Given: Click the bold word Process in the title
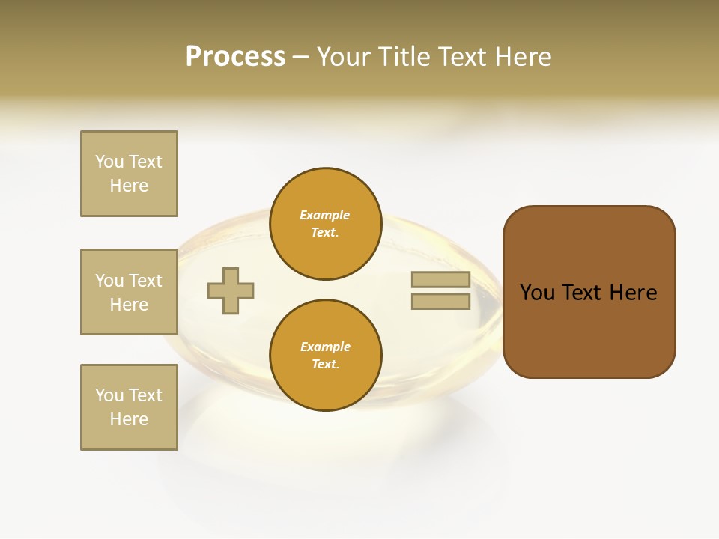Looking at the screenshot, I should (235, 57).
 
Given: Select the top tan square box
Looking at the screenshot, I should (129, 174).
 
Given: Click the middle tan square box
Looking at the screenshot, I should (129, 292).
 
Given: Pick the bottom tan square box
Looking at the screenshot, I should (129, 407).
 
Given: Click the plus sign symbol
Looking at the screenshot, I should (231, 291).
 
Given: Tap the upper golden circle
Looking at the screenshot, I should (325, 224).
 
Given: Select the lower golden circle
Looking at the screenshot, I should (325, 356).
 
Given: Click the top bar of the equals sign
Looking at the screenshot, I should (440, 280).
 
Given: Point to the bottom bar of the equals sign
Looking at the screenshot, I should (440, 302).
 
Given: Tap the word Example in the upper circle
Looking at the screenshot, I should (325, 216).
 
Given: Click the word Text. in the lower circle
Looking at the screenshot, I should (325, 365).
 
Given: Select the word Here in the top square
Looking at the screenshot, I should (129, 186).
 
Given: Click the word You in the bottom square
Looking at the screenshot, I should (109, 395).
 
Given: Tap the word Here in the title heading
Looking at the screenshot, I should (522, 57).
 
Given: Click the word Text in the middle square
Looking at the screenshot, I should (145, 281).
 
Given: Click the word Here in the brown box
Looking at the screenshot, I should (634, 293).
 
